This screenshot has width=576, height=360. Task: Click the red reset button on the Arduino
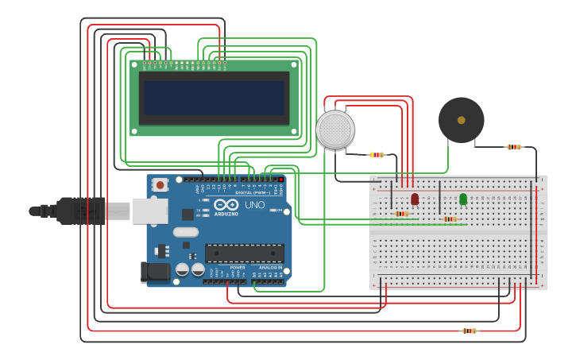tap(160, 185)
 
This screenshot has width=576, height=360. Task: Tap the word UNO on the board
tap(254, 205)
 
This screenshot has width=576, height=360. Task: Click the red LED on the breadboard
tap(415, 199)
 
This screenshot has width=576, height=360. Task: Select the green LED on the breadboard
tap(463, 199)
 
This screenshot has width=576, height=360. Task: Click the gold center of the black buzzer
tap(461, 120)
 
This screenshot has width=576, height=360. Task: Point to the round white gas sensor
tap(334, 130)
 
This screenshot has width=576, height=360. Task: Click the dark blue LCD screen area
tap(214, 98)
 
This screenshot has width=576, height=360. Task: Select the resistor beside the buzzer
tap(514, 147)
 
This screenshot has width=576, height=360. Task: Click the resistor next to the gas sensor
tap(377, 155)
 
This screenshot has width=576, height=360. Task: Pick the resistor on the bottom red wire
tap(470, 331)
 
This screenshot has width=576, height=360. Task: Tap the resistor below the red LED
tap(402, 214)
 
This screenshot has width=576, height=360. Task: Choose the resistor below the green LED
tap(450, 219)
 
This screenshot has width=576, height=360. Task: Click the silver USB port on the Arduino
tap(149, 211)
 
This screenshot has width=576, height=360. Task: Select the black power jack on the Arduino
tap(155, 272)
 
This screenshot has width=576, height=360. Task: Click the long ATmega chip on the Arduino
tap(244, 253)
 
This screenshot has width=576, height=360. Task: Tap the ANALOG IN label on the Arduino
tap(268, 268)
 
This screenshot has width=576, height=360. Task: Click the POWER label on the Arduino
tap(237, 268)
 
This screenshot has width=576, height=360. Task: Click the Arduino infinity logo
tap(226, 205)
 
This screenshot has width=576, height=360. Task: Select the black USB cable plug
tap(80, 211)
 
